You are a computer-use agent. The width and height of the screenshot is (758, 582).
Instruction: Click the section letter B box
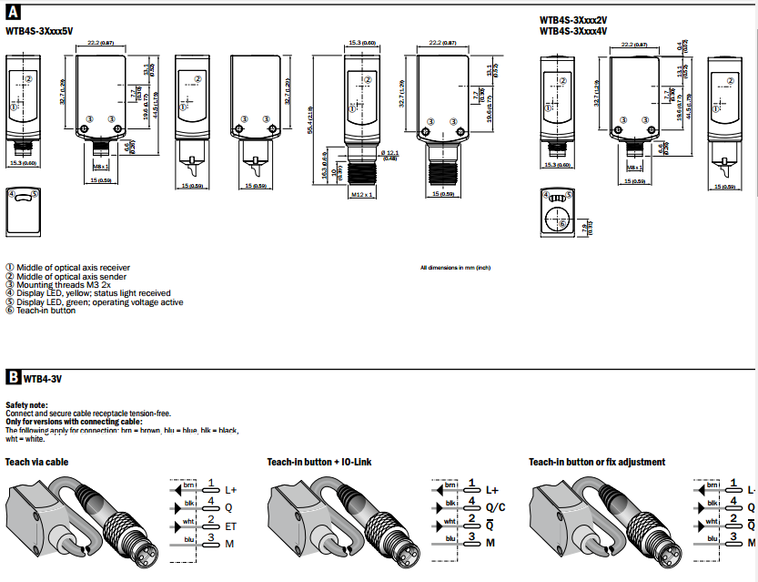(x=14, y=376)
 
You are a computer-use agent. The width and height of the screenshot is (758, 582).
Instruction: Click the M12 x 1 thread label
(x=362, y=194)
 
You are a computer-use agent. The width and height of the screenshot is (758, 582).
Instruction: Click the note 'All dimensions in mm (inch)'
(x=455, y=268)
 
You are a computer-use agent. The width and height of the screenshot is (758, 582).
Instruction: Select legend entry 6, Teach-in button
(x=45, y=311)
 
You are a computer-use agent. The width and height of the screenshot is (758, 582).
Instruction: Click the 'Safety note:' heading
(x=26, y=403)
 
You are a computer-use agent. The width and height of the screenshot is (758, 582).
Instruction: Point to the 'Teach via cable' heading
(x=35, y=462)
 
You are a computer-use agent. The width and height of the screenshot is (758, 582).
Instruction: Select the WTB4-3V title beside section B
(x=44, y=376)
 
